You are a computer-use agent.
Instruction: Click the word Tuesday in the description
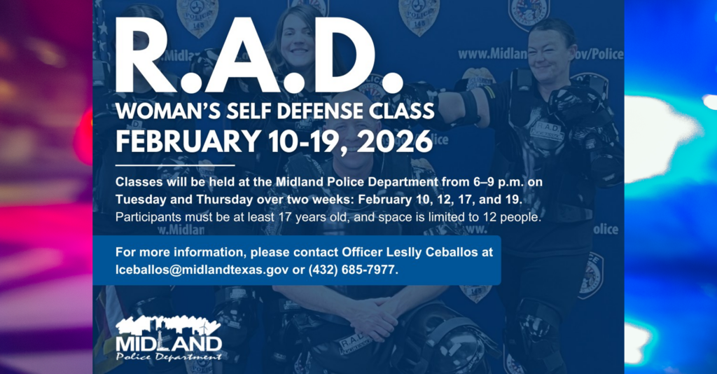point(143,200)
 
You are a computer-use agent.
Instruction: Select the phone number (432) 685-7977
point(353,269)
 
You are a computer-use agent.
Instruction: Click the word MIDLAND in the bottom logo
point(169,343)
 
